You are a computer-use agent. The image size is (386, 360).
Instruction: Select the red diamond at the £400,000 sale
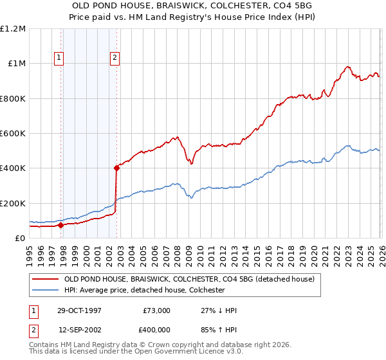pyautogui.click(x=116, y=168)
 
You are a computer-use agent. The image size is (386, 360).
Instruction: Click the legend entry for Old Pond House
pyautogui.click(x=188, y=279)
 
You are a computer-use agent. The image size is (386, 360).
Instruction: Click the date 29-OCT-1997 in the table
pyautogui.click(x=79, y=310)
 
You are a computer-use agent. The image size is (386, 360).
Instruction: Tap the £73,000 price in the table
pyautogui.click(x=156, y=310)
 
